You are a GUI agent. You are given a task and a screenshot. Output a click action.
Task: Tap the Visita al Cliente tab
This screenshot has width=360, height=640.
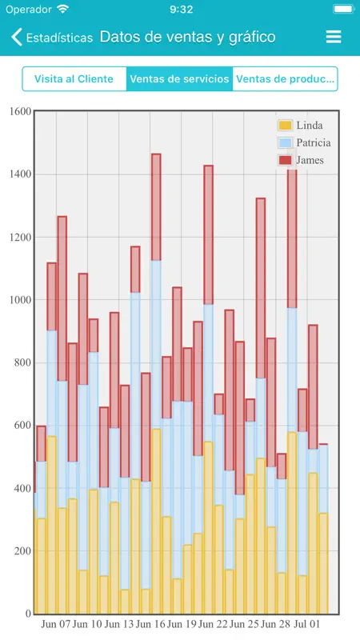[x=74, y=78]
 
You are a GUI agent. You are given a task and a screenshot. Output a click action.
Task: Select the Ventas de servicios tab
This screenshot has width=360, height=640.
[x=179, y=78]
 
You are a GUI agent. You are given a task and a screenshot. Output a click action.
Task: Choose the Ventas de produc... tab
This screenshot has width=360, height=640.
[x=286, y=78]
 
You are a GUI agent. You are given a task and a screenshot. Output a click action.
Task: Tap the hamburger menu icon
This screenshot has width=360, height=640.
[x=334, y=37]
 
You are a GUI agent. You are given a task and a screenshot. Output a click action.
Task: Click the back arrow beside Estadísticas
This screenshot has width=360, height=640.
[x=16, y=37]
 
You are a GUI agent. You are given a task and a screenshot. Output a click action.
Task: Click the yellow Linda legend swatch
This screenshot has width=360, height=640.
[x=285, y=126]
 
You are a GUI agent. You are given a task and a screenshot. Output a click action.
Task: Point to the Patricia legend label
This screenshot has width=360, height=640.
[x=314, y=142]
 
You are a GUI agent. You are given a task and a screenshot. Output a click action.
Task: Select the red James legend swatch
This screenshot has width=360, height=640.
[x=285, y=160]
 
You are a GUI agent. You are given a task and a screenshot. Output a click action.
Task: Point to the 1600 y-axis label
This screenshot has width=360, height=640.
[x=20, y=111]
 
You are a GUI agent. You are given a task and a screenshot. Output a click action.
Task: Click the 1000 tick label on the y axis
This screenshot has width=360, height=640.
[x=20, y=300]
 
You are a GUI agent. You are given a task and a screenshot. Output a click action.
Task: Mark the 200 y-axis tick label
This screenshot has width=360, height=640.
[x=22, y=551]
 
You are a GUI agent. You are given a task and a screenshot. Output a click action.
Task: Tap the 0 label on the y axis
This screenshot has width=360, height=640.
[x=29, y=614]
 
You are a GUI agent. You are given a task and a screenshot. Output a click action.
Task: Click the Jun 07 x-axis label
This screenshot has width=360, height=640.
[x=56, y=625]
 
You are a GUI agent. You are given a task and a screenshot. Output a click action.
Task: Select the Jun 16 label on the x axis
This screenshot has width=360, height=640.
[x=150, y=625]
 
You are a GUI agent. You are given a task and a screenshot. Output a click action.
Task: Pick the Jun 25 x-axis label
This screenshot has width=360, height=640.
[x=244, y=625]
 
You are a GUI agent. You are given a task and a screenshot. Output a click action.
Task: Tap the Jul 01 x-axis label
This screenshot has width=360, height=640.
[x=306, y=625]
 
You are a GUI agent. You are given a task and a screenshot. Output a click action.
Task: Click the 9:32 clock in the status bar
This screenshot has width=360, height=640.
[x=182, y=10]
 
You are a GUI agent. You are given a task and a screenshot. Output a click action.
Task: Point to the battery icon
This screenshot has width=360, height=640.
[x=344, y=9]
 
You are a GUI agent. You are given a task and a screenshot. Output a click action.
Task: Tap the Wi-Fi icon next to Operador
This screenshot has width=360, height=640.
[x=63, y=9]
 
